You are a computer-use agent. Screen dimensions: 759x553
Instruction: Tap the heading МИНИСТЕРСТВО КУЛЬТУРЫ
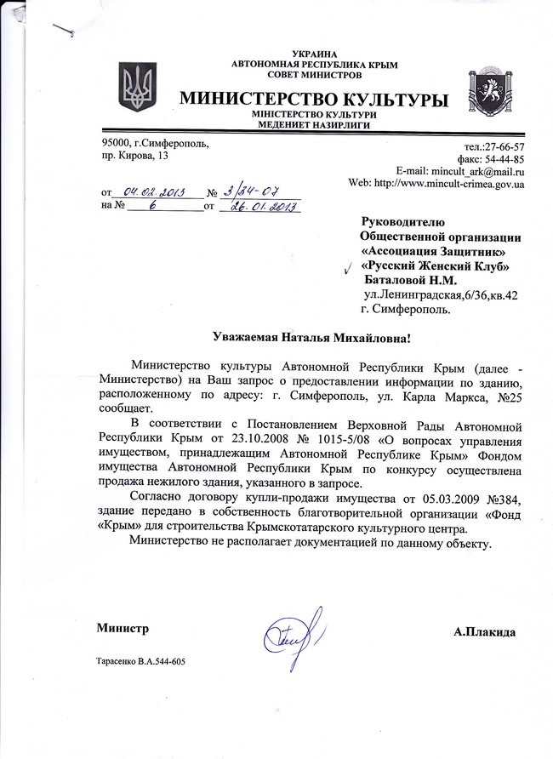pyautogui.click(x=313, y=100)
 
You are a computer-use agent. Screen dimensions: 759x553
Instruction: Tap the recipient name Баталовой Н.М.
pyautogui.click(x=409, y=280)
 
